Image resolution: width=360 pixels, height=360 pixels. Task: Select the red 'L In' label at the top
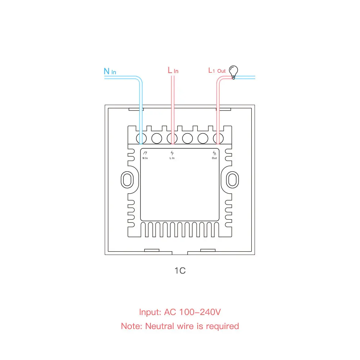pyautogui.click(x=173, y=70)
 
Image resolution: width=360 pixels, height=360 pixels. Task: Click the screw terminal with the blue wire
pyautogui.click(x=141, y=138)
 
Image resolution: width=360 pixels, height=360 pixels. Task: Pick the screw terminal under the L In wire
pyautogui.click(x=172, y=138)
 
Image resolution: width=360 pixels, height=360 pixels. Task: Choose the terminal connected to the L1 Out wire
pyautogui.click(x=218, y=138)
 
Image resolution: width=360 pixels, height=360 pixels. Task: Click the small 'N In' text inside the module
pyautogui.click(x=145, y=158)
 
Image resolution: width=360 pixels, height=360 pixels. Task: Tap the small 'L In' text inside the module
pyautogui.click(x=172, y=158)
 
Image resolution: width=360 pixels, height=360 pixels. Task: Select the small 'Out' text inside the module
pyautogui.click(x=215, y=158)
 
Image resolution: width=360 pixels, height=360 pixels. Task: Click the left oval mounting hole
pyautogui.click(x=126, y=179)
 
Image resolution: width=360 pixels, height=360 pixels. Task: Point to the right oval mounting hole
pyautogui.click(x=232, y=179)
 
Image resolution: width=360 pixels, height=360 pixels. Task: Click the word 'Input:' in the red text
pyautogui.click(x=150, y=312)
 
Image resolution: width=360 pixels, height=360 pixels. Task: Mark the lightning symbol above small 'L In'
pyautogui.click(x=172, y=153)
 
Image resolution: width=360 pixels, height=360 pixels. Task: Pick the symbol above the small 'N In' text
pyautogui.click(x=145, y=153)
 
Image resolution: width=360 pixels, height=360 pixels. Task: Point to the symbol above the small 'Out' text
pyautogui.click(x=215, y=153)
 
